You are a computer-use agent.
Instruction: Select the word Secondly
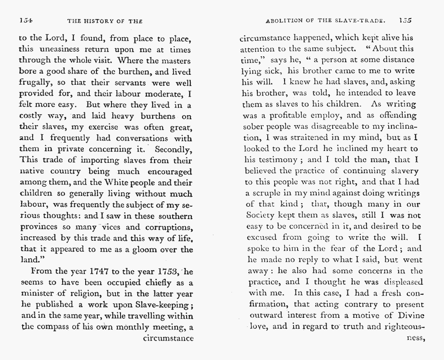(x=174, y=148)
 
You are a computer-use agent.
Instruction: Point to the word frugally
(x=35, y=83)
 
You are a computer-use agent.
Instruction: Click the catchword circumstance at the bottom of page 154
(x=168, y=338)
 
